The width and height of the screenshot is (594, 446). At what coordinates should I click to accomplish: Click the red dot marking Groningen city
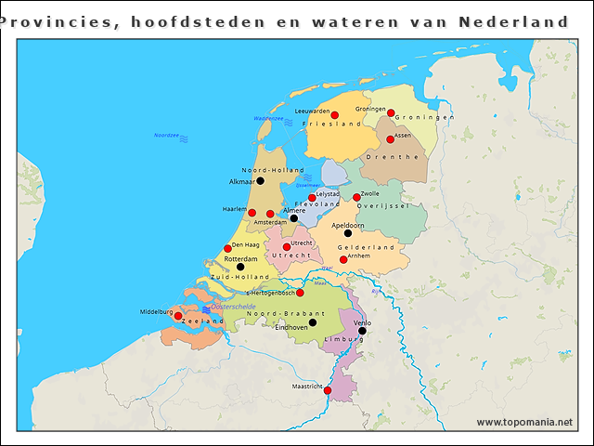[x=391, y=113]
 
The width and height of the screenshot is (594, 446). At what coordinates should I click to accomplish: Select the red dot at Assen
[x=391, y=139]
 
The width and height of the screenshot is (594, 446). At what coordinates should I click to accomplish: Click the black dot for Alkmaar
[x=260, y=181]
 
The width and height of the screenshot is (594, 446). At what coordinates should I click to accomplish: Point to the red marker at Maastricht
[x=327, y=390]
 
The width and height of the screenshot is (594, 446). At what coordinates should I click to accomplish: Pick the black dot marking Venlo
[x=362, y=331]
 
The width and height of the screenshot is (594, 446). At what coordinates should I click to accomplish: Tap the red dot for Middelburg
[x=178, y=316]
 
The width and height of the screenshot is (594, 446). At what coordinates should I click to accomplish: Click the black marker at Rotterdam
[x=240, y=268]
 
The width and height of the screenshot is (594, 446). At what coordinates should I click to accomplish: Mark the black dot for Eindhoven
[x=313, y=322]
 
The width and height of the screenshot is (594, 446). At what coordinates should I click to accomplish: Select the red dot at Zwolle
[x=356, y=197]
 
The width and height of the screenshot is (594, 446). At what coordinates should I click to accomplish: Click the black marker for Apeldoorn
[x=348, y=233]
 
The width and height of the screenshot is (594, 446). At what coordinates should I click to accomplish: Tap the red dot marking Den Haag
[x=227, y=248]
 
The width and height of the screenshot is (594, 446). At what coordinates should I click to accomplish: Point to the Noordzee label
[x=166, y=136]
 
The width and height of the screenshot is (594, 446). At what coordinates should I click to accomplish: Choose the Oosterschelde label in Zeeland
[x=233, y=306]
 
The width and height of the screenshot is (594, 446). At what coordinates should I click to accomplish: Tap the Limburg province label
[x=343, y=340]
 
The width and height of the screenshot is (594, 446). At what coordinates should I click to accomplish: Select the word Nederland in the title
[x=513, y=21]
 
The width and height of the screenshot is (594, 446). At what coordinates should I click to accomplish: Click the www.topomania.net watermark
[x=524, y=423]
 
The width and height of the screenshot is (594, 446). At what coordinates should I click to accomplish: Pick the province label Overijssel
[x=382, y=205]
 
